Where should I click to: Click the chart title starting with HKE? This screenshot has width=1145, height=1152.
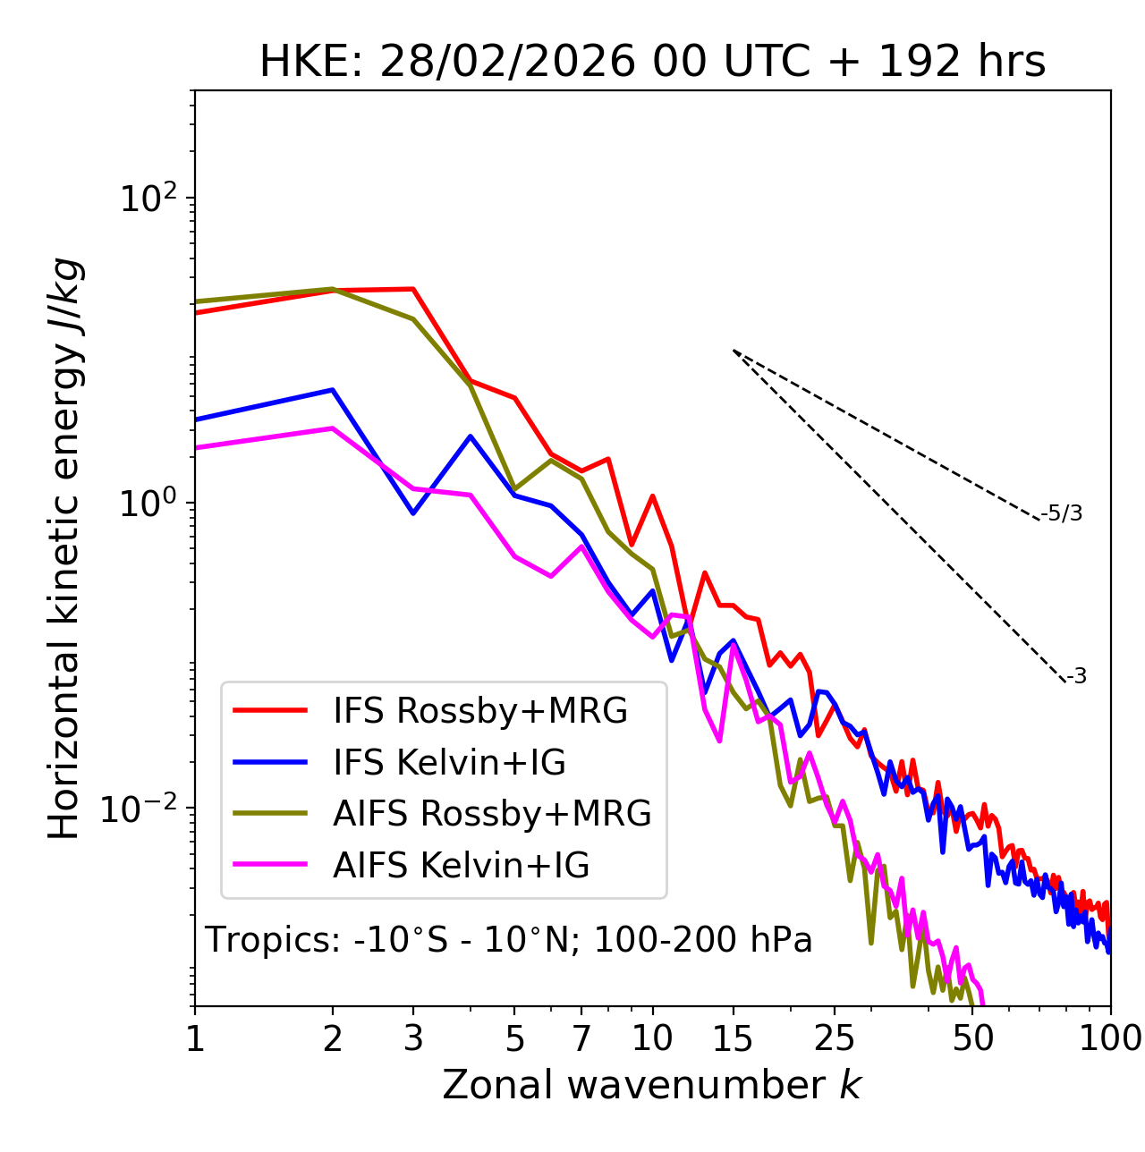(x=652, y=63)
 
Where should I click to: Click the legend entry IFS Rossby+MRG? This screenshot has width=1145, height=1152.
(x=479, y=711)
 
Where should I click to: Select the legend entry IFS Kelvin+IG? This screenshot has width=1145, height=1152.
(x=449, y=763)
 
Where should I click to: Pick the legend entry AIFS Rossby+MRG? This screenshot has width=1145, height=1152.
(x=492, y=814)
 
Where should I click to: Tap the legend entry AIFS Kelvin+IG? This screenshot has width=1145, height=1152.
(x=461, y=866)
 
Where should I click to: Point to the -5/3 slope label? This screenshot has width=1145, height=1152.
(x=1062, y=513)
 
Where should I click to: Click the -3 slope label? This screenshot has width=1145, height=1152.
(x=1076, y=677)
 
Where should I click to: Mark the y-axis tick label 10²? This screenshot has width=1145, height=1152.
(x=147, y=199)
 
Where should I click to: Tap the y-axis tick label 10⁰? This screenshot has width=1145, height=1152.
(x=147, y=504)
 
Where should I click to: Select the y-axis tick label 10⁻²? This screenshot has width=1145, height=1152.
(x=143, y=809)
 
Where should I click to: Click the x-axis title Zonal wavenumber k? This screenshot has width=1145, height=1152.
(x=652, y=1086)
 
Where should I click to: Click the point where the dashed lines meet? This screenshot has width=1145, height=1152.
(x=734, y=351)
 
